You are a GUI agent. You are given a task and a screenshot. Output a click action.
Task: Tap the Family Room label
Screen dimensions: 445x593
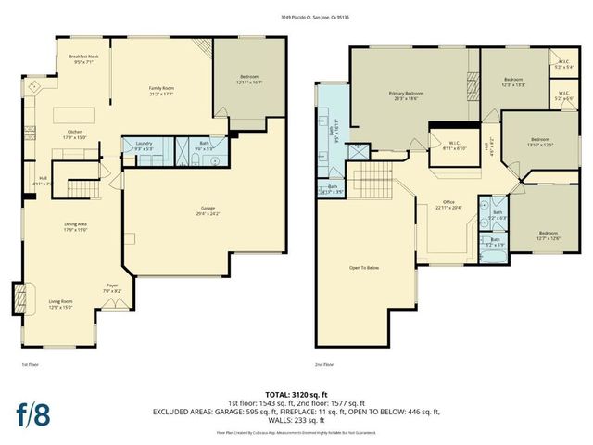click(163, 91)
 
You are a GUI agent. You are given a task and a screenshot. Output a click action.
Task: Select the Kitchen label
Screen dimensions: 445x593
click(75, 134)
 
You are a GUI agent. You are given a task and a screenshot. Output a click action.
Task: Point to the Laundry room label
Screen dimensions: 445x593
click(144, 145)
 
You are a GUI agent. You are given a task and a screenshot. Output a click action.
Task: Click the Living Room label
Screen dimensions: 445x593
click(60, 303)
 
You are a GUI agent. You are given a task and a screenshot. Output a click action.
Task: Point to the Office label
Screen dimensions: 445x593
click(448, 204)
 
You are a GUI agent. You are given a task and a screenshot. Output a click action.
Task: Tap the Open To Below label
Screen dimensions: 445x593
click(363, 268)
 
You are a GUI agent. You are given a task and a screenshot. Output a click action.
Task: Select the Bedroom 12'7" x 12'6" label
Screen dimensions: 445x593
click(549, 235)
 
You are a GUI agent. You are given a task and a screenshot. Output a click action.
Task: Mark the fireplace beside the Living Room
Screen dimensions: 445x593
click(20, 299)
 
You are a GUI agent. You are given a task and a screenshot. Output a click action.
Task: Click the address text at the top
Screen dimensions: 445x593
click(296, 18)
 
